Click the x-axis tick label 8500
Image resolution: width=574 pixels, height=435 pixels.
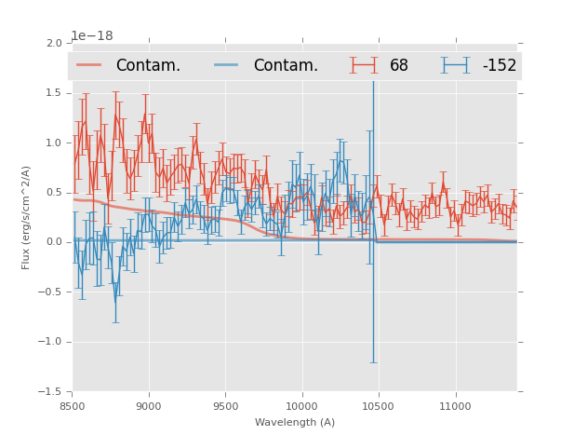[x=73, y=406]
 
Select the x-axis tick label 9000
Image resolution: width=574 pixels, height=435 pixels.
[x=149, y=406]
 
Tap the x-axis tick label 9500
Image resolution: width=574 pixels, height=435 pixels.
[x=225, y=406]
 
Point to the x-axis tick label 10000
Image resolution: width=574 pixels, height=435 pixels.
[x=301, y=406]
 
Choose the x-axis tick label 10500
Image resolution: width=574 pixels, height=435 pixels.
[x=378, y=406]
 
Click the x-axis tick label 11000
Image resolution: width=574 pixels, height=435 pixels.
[x=454, y=406]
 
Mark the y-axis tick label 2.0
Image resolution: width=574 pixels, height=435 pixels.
[x=54, y=44]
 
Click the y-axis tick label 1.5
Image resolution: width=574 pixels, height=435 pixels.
[x=54, y=93]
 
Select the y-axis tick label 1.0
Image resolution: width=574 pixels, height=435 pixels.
[x=54, y=143]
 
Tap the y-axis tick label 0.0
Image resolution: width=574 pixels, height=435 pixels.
[x=54, y=242]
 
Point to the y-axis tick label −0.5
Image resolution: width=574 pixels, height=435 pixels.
[x=51, y=292]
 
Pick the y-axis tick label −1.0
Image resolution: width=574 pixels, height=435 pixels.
[x=51, y=342]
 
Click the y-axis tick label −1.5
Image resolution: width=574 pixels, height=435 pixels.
[x=51, y=391]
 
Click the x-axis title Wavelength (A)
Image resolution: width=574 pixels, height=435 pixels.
[x=295, y=422]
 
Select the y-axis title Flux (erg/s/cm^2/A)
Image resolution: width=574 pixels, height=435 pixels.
[x=26, y=217]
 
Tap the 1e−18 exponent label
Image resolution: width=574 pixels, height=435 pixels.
[x=93, y=35]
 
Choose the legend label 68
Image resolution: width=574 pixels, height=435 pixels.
[x=399, y=66]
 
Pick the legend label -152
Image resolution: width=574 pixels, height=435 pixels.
[x=499, y=66]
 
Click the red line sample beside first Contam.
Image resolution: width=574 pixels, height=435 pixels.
[x=89, y=65]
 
